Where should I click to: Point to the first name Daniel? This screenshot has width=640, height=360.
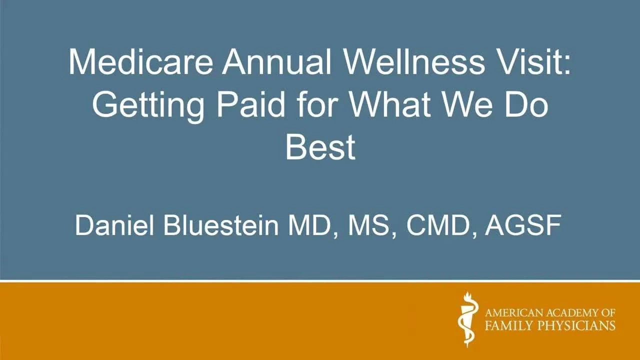tap(114, 225)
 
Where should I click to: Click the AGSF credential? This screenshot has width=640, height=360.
tap(523, 225)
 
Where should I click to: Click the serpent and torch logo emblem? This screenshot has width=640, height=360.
tap(467, 319)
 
